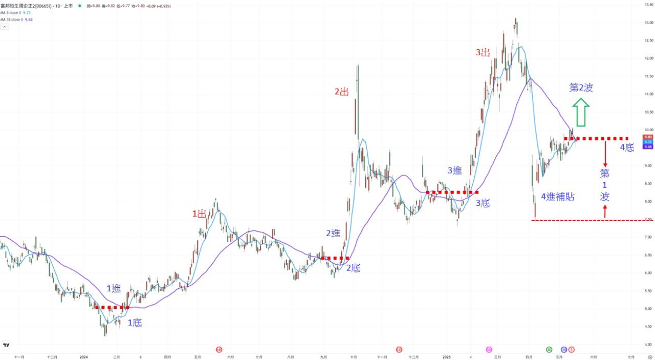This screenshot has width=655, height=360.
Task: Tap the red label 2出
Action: tap(341, 92)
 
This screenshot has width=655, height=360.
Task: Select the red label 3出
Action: tap(483, 52)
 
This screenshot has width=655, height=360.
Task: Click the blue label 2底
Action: tap(353, 268)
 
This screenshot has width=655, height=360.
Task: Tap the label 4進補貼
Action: tap(557, 196)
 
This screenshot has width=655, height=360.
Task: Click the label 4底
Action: tap(627, 147)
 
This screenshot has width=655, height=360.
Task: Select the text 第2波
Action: tap(581, 88)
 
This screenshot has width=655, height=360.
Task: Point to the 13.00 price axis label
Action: tap(648, 23)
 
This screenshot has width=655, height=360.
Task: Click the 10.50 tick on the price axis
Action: tap(648, 112)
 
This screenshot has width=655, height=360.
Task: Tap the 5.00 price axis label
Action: tap(648, 309)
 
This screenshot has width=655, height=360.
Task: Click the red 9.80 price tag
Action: tap(648, 137)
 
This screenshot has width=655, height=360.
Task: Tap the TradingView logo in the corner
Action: tap(7, 345)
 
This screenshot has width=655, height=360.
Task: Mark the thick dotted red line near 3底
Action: tap(452, 193)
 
